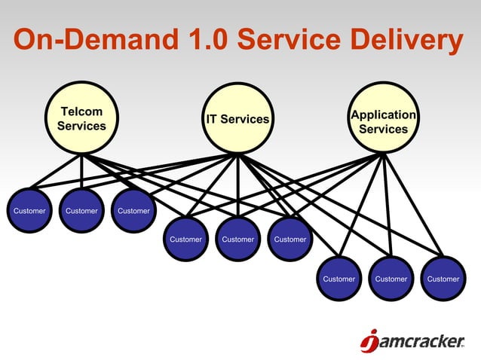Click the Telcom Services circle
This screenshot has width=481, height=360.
(x=81, y=119)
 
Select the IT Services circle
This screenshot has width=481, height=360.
(x=237, y=119)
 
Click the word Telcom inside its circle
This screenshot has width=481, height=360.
(x=81, y=111)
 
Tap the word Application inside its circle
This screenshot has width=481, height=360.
(x=383, y=114)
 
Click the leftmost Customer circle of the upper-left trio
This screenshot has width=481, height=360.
(x=29, y=210)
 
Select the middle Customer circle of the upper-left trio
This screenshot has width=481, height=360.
(x=81, y=210)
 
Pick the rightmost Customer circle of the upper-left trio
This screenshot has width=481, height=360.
(x=133, y=210)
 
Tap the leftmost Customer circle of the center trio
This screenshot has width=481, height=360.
(x=185, y=239)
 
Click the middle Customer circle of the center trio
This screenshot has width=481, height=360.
(x=237, y=239)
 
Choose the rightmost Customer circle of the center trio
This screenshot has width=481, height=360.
(x=290, y=239)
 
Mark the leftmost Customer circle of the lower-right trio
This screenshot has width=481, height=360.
(x=339, y=279)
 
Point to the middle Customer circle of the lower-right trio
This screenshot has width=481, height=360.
(x=391, y=279)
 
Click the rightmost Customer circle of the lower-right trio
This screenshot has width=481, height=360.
(x=443, y=279)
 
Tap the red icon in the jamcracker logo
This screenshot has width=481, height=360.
(x=369, y=343)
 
